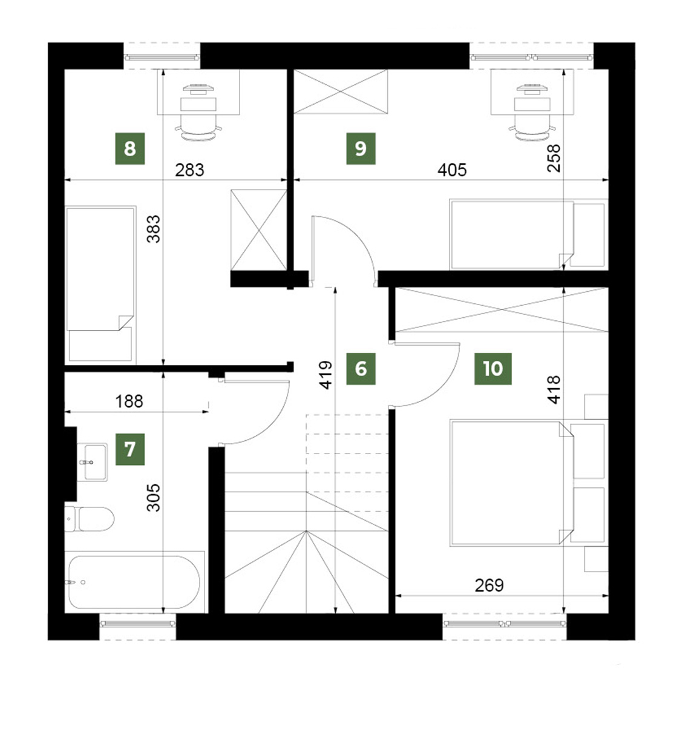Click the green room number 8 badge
click(130, 148)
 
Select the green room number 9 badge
click(361, 148)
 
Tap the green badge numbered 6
click(361, 368)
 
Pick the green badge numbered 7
click(130, 449)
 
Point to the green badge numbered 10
click(492, 368)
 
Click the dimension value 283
click(189, 170)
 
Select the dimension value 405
click(452, 170)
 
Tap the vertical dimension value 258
click(554, 158)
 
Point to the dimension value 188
click(129, 401)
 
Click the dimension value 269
click(489, 585)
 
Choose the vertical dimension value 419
click(325, 375)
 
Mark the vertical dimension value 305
click(154, 498)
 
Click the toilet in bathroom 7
click(90, 518)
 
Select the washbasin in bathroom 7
click(93, 462)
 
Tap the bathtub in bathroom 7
click(134, 582)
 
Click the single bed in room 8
click(100, 284)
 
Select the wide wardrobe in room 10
click(502, 310)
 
